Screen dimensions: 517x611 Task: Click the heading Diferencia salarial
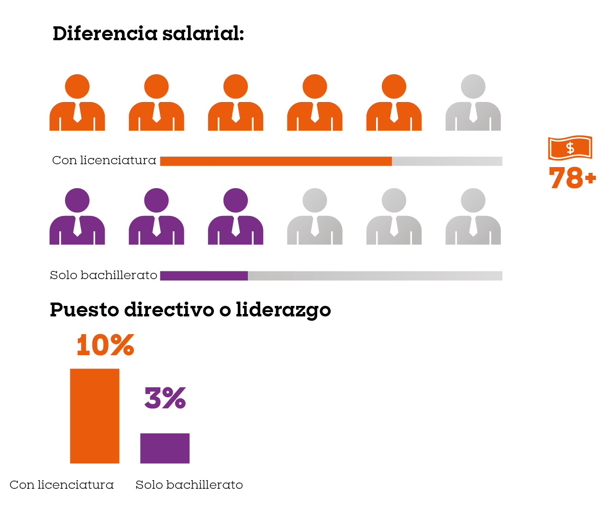[x=148, y=34]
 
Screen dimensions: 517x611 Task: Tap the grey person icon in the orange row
[x=473, y=103]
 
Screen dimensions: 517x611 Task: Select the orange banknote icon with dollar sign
[x=569, y=147]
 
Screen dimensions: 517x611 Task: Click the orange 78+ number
[x=572, y=178]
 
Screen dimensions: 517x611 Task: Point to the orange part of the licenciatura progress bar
[x=276, y=161]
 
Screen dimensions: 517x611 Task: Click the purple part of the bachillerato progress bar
[x=204, y=276]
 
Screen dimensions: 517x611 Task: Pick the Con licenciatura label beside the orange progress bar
[x=104, y=160]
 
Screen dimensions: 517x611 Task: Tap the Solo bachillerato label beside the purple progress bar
[x=103, y=275]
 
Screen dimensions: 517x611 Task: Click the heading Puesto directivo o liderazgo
[x=190, y=310]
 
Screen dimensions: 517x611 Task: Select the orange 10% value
[x=105, y=345]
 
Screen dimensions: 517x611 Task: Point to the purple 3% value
[x=165, y=398]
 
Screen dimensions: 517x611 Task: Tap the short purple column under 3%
[x=165, y=448]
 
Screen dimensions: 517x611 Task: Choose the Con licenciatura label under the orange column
[x=62, y=485]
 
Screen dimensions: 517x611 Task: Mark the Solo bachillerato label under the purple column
[x=189, y=485]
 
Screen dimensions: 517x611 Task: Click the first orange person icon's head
[x=77, y=87]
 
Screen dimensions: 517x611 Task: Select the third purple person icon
[x=235, y=218]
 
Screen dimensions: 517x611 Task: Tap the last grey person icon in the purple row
[x=473, y=218]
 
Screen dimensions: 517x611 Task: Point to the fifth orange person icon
[x=394, y=103]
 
